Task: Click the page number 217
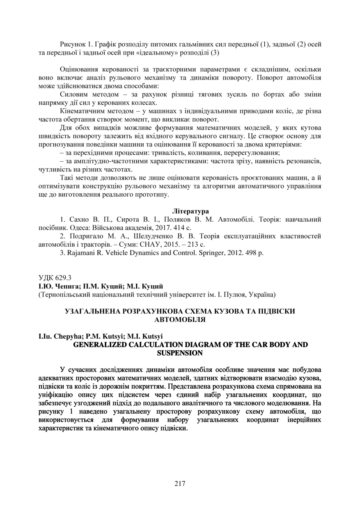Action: click(x=180, y=483)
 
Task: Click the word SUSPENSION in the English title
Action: click(x=180, y=352)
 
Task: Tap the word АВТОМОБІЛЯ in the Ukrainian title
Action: click(x=180, y=319)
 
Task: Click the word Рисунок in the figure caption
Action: click(x=72, y=44)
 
